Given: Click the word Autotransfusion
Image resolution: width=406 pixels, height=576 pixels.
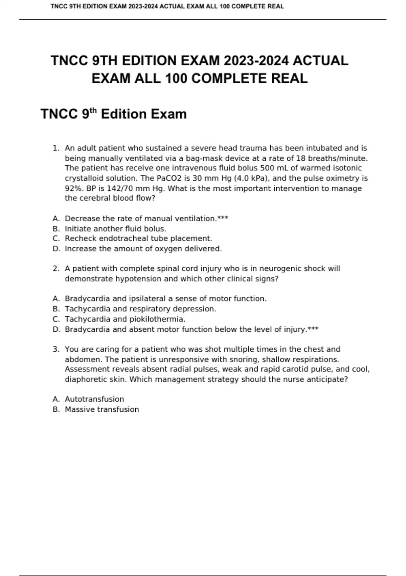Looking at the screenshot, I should pyautogui.click(x=94, y=399).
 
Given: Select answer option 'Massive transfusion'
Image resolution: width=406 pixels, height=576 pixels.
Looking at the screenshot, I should pyautogui.click(x=102, y=409).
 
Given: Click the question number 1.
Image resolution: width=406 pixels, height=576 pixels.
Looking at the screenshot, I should pyautogui.click(x=56, y=148).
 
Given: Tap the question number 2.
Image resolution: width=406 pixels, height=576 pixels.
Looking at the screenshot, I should pyautogui.click(x=56, y=269).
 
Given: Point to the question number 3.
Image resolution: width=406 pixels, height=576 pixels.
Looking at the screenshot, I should pyautogui.click(x=56, y=349).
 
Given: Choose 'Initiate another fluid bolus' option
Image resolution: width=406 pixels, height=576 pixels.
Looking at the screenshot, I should pyautogui.click(x=115, y=229).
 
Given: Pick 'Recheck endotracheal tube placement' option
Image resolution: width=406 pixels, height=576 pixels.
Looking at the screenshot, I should pyautogui.click(x=138, y=239).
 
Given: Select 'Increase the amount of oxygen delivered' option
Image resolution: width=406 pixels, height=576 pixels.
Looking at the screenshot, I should pyautogui.click(x=143, y=249).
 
